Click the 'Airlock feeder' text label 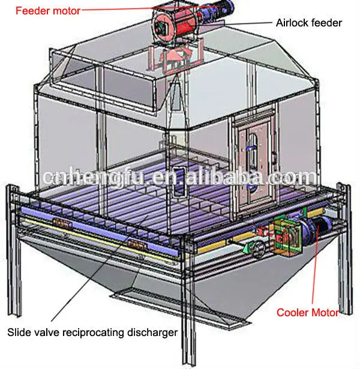308,23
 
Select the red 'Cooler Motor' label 307,312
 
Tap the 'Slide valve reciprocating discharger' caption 92,331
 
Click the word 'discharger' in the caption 153,331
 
